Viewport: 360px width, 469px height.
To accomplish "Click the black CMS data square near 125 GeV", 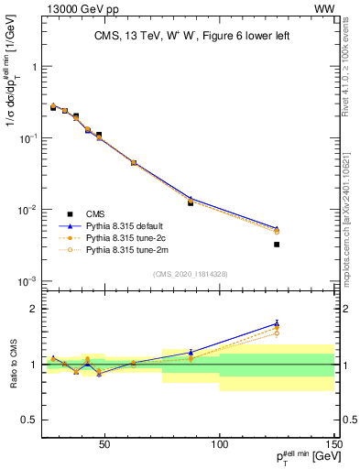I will [277, 245].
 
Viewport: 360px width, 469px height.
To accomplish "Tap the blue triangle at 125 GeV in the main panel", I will [277, 228].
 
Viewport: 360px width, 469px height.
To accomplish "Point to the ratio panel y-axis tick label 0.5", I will [27, 420].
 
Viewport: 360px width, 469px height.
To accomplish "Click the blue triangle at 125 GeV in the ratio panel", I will [277, 323].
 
